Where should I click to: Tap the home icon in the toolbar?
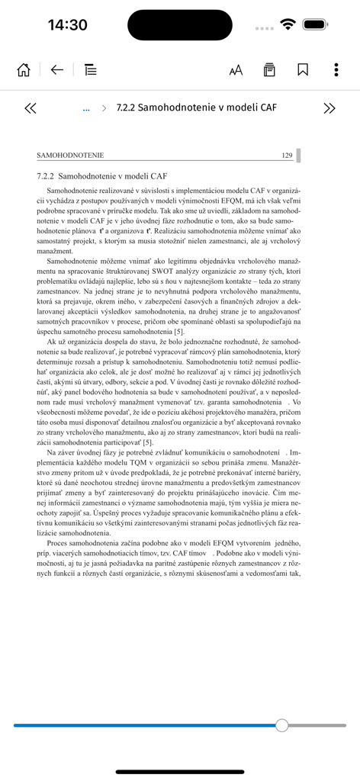tap(24, 70)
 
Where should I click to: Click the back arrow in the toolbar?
tap(57, 70)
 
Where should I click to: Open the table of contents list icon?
tap(91, 70)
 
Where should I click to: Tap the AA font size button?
tap(236, 70)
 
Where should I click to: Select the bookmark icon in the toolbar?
tap(303, 70)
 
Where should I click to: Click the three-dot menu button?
tap(336, 70)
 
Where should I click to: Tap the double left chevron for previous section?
tap(31, 108)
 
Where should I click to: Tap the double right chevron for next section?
tap(329, 108)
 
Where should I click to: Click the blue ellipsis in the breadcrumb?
tap(86, 109)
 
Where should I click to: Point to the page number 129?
tap(287, 156)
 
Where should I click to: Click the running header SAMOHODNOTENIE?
tap(70, 156)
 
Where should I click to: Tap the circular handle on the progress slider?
tap(282, 725)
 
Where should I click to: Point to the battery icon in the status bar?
tap(315, 24)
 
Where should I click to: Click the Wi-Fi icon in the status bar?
tap(288, 24)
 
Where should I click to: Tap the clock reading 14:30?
tap(67, 24)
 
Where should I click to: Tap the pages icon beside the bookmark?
tap(269, 70)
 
